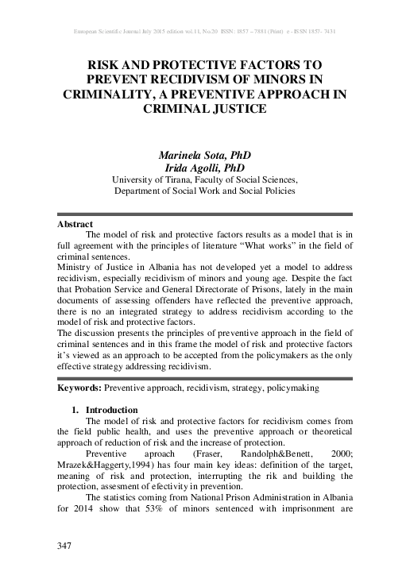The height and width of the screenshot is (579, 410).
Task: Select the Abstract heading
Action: tap(75, 225)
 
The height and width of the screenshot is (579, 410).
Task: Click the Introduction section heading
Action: tap(112, 410)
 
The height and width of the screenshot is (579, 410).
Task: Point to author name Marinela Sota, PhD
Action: tap(205, 155)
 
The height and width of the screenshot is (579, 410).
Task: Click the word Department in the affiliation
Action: tap(139, 191)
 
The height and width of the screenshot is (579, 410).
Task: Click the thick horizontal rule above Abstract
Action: tap(205, 214)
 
